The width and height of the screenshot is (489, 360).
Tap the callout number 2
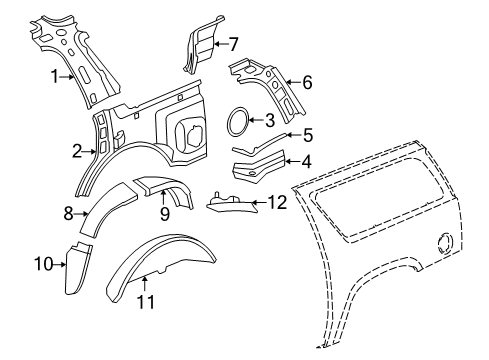pyautogui.click(x=77, y=152)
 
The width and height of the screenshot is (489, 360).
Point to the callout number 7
pyautogui.click(x=233, y=44)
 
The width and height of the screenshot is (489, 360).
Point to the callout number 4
pyautogui.click(x=308, y=159)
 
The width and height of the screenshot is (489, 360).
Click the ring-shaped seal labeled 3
pyautogui.click(x=237, y=121)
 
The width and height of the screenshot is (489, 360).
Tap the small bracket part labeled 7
pyautogui.click(x=201, y=46)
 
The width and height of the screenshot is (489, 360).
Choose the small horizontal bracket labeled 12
pyautogui.click(x=231, y=203)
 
